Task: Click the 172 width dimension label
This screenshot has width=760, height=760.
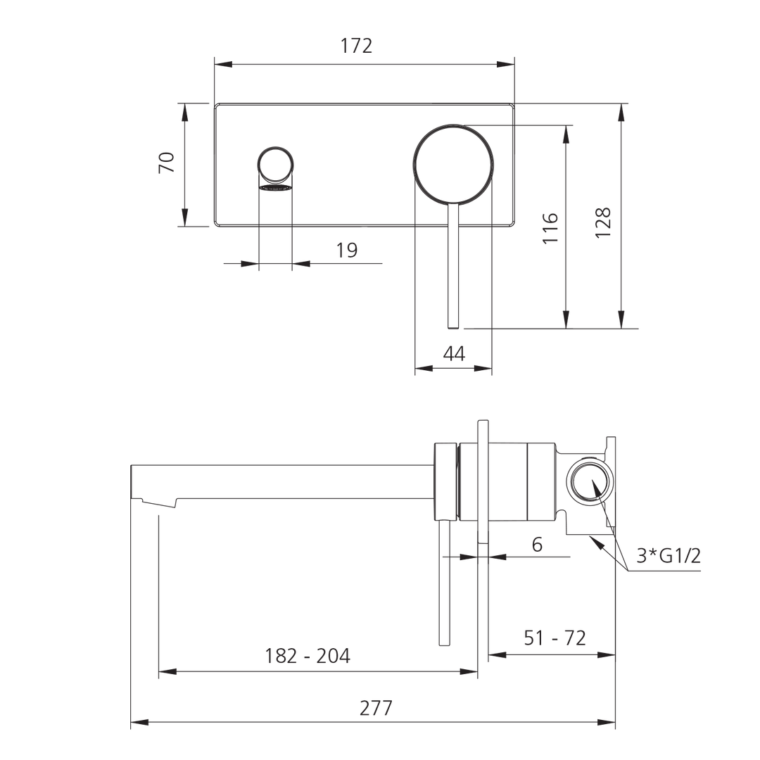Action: pyautogui.click(x=356, y=46)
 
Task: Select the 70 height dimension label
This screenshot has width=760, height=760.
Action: pyautogui.click(x=167, y=163)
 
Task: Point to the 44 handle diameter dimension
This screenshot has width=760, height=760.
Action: pyautogui.click(x=454, y=354)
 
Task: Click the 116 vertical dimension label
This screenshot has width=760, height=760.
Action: pyautogui.click(x=551, y=227)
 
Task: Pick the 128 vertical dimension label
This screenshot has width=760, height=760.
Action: pyautogui.click(x=604, y=222)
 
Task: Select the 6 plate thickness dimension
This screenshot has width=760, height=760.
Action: pyautogui.click(x=537, y=544)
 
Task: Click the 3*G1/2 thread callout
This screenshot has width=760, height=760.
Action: pyautogui.click(x=669, y=556)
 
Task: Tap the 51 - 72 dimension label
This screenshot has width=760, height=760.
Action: pyautogui.click(x=555, y=638)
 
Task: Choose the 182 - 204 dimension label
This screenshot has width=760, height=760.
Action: pyautogui.click(x=308, y=656)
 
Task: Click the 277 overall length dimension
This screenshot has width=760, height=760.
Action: pyautogui.click(x=376, y=708)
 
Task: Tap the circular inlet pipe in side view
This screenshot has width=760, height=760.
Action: pyautogui.click(x=590, y=485)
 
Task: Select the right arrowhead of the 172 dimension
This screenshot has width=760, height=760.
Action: pyautogui.click(x=507, y=64)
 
